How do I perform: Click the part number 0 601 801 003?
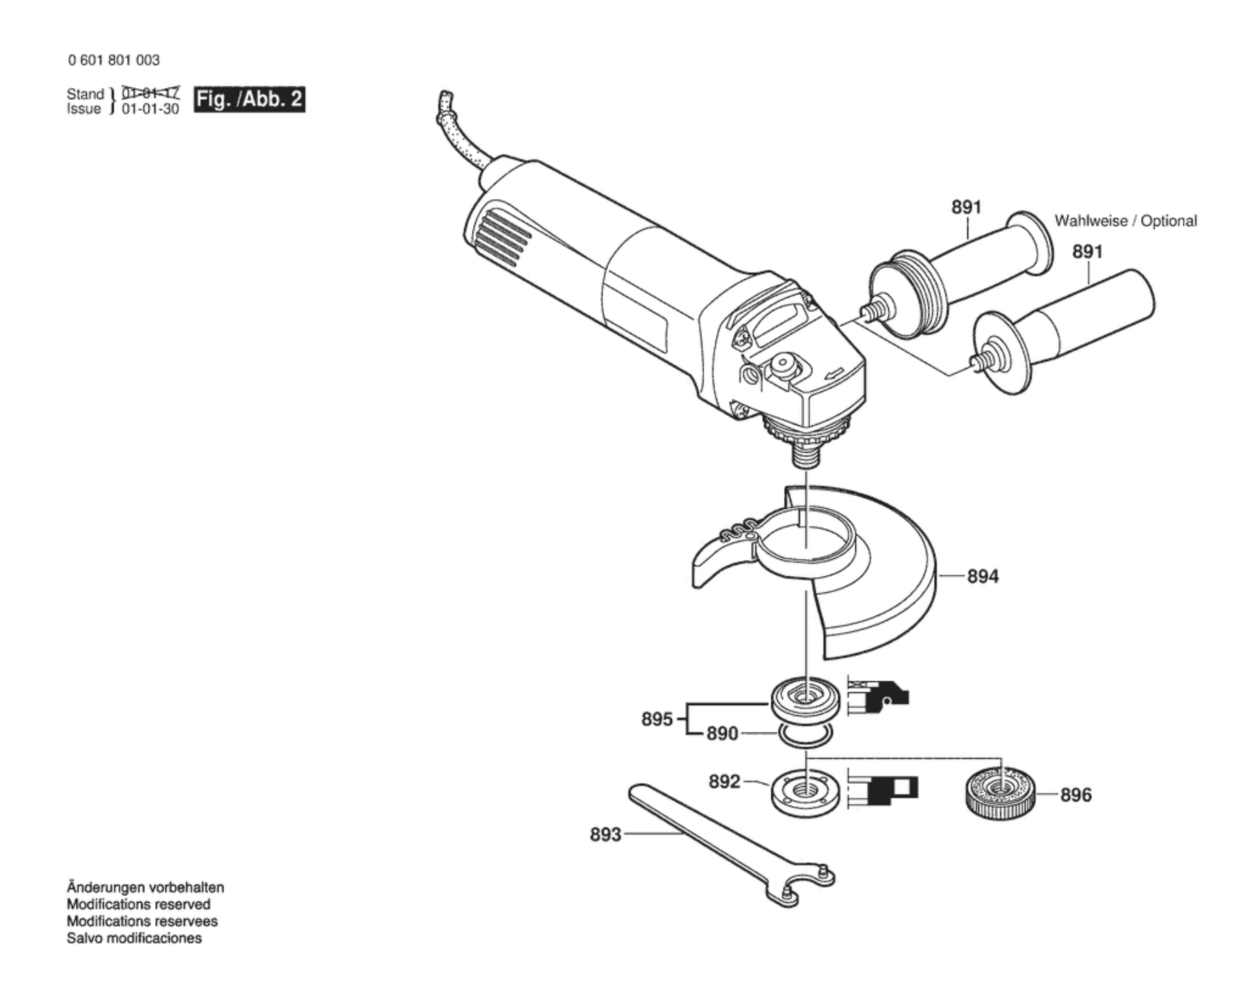pyautogui.click(x=113, y=60)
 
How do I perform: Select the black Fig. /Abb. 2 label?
pyautogui.click(x=249, y=100)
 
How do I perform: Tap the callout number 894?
pyautogui.click(x=983, y=577)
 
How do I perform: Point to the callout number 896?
pyautogui.click(x=1075, y=795)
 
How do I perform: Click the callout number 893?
pyautogui.click(x=605, y=834)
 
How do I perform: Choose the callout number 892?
pyautogui.click(x=724, y=781)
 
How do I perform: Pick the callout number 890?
pyautogui.click(x=722, y=734)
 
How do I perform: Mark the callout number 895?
pyautogui.click(x=656, y=719)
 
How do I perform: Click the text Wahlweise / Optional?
pyautogui.click(x=1125, y=221)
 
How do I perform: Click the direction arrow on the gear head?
pyautogui.click(x=834, y=373)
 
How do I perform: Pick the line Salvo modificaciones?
pyautogui.click(x=134, y=938)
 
